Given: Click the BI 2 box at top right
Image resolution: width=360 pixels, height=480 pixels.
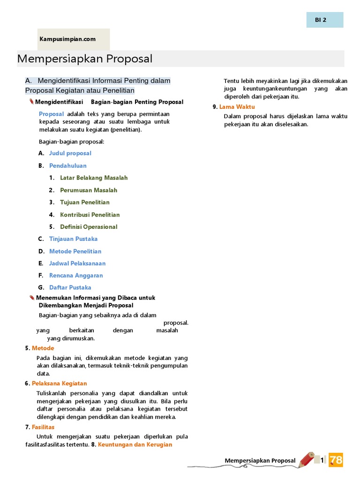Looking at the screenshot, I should (x=322, y=20).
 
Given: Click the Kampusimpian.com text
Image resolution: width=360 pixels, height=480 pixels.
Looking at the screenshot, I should (x=67, y=39).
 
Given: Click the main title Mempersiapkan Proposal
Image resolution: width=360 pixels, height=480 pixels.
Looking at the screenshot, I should (x=85, y=59).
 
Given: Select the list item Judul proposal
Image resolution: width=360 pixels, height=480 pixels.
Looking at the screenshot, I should (x=70, y=153).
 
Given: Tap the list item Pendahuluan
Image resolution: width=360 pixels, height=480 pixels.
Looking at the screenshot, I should (x=67, y=165).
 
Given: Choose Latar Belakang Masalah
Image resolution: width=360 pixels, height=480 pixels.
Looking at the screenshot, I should (x=93, y=178).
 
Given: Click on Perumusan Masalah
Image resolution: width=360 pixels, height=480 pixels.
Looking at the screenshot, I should (x=88, y=190).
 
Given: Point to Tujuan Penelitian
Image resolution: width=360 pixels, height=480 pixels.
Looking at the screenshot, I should (x=84, y=202).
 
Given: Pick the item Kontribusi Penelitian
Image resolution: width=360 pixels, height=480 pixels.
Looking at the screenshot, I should (x=90, y=215).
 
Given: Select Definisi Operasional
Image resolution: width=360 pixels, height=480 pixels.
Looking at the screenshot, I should (x=89, y=227).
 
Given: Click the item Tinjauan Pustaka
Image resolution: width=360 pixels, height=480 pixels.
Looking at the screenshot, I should (x=73, y=239).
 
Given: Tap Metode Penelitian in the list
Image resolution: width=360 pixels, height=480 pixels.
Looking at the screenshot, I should (x=75, y=251).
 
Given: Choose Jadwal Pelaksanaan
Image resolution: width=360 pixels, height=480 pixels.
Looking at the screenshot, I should (x=77, y=263).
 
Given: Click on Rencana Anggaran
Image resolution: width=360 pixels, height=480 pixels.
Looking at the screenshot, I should (x=76, y=276).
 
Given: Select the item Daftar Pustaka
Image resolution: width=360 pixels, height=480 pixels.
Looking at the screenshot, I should (x=70, y=288).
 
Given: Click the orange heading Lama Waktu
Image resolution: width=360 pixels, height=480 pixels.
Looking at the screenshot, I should (x=237, y=107).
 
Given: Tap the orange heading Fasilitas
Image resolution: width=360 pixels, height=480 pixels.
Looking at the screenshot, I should (x=43, y=427).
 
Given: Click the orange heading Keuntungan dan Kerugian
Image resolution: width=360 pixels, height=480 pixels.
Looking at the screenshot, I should (x=135, y=444).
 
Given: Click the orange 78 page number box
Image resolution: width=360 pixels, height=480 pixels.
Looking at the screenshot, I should (x=336, y=460).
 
